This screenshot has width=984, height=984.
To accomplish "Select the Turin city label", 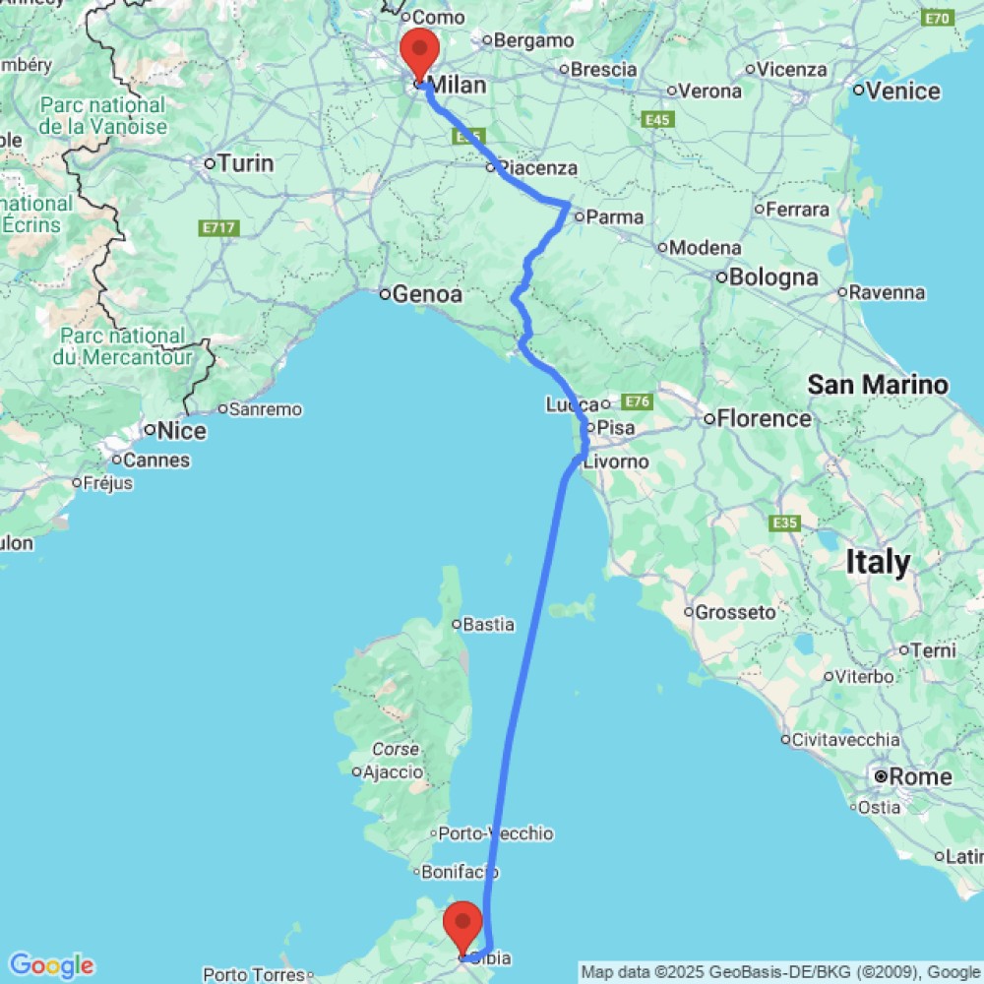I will (x=245, y=163).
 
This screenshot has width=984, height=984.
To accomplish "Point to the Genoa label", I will (x=426, y=294).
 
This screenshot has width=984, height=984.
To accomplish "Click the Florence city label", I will (x=764, y=419).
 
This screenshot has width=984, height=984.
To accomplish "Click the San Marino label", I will (x=878, y=385).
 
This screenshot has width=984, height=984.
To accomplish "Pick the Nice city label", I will (x=183, y=431).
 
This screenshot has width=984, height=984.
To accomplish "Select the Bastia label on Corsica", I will (x=489, y=623).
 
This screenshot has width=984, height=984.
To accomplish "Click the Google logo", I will (x=50, y=965).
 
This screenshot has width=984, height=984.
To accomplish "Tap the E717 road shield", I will (x=217, y=228).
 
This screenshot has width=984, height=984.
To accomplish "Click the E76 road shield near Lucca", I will (x=638, y=401).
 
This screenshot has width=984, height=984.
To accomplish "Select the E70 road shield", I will (x=937, y=18).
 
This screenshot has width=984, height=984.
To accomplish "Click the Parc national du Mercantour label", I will (x=123, y=346).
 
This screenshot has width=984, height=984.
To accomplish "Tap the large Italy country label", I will (x=878, y=563).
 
